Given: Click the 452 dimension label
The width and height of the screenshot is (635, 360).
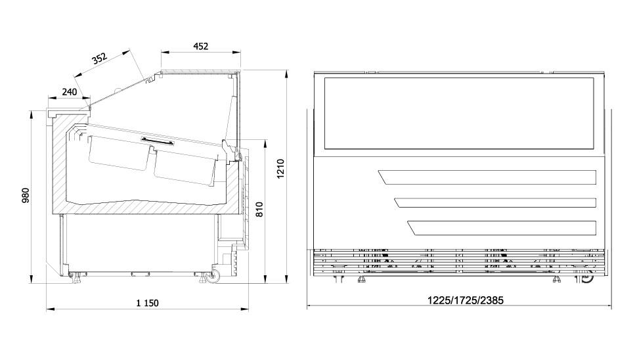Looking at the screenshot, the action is click(x=200, y=47).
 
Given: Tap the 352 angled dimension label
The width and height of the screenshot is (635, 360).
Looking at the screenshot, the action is click(x=99, y=58).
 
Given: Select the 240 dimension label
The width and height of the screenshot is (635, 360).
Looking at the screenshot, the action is click(x=69, y=92).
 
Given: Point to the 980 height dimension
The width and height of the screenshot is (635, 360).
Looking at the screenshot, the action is click(x=26, y=196).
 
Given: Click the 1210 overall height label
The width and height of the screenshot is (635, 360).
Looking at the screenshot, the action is click(x=280, y=169).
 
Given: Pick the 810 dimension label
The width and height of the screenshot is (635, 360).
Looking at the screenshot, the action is click(x=259, y=210).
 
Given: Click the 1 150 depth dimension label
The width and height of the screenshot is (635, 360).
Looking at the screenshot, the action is click(x=147, y=303).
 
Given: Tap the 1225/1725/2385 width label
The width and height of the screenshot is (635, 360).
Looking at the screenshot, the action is click(x=466, y=300).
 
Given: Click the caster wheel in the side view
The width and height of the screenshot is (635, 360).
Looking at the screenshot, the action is click(x=212, y=276).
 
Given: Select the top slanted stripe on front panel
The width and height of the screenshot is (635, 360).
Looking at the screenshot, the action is click(x=487, y=177).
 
